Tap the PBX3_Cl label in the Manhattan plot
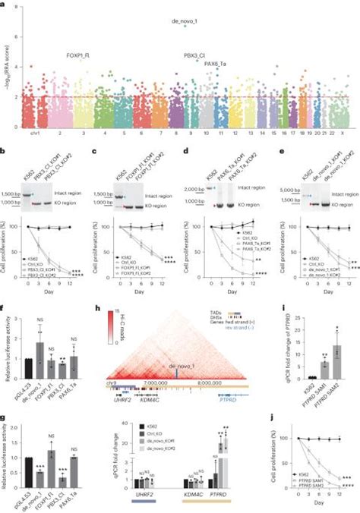coord(198,56)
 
